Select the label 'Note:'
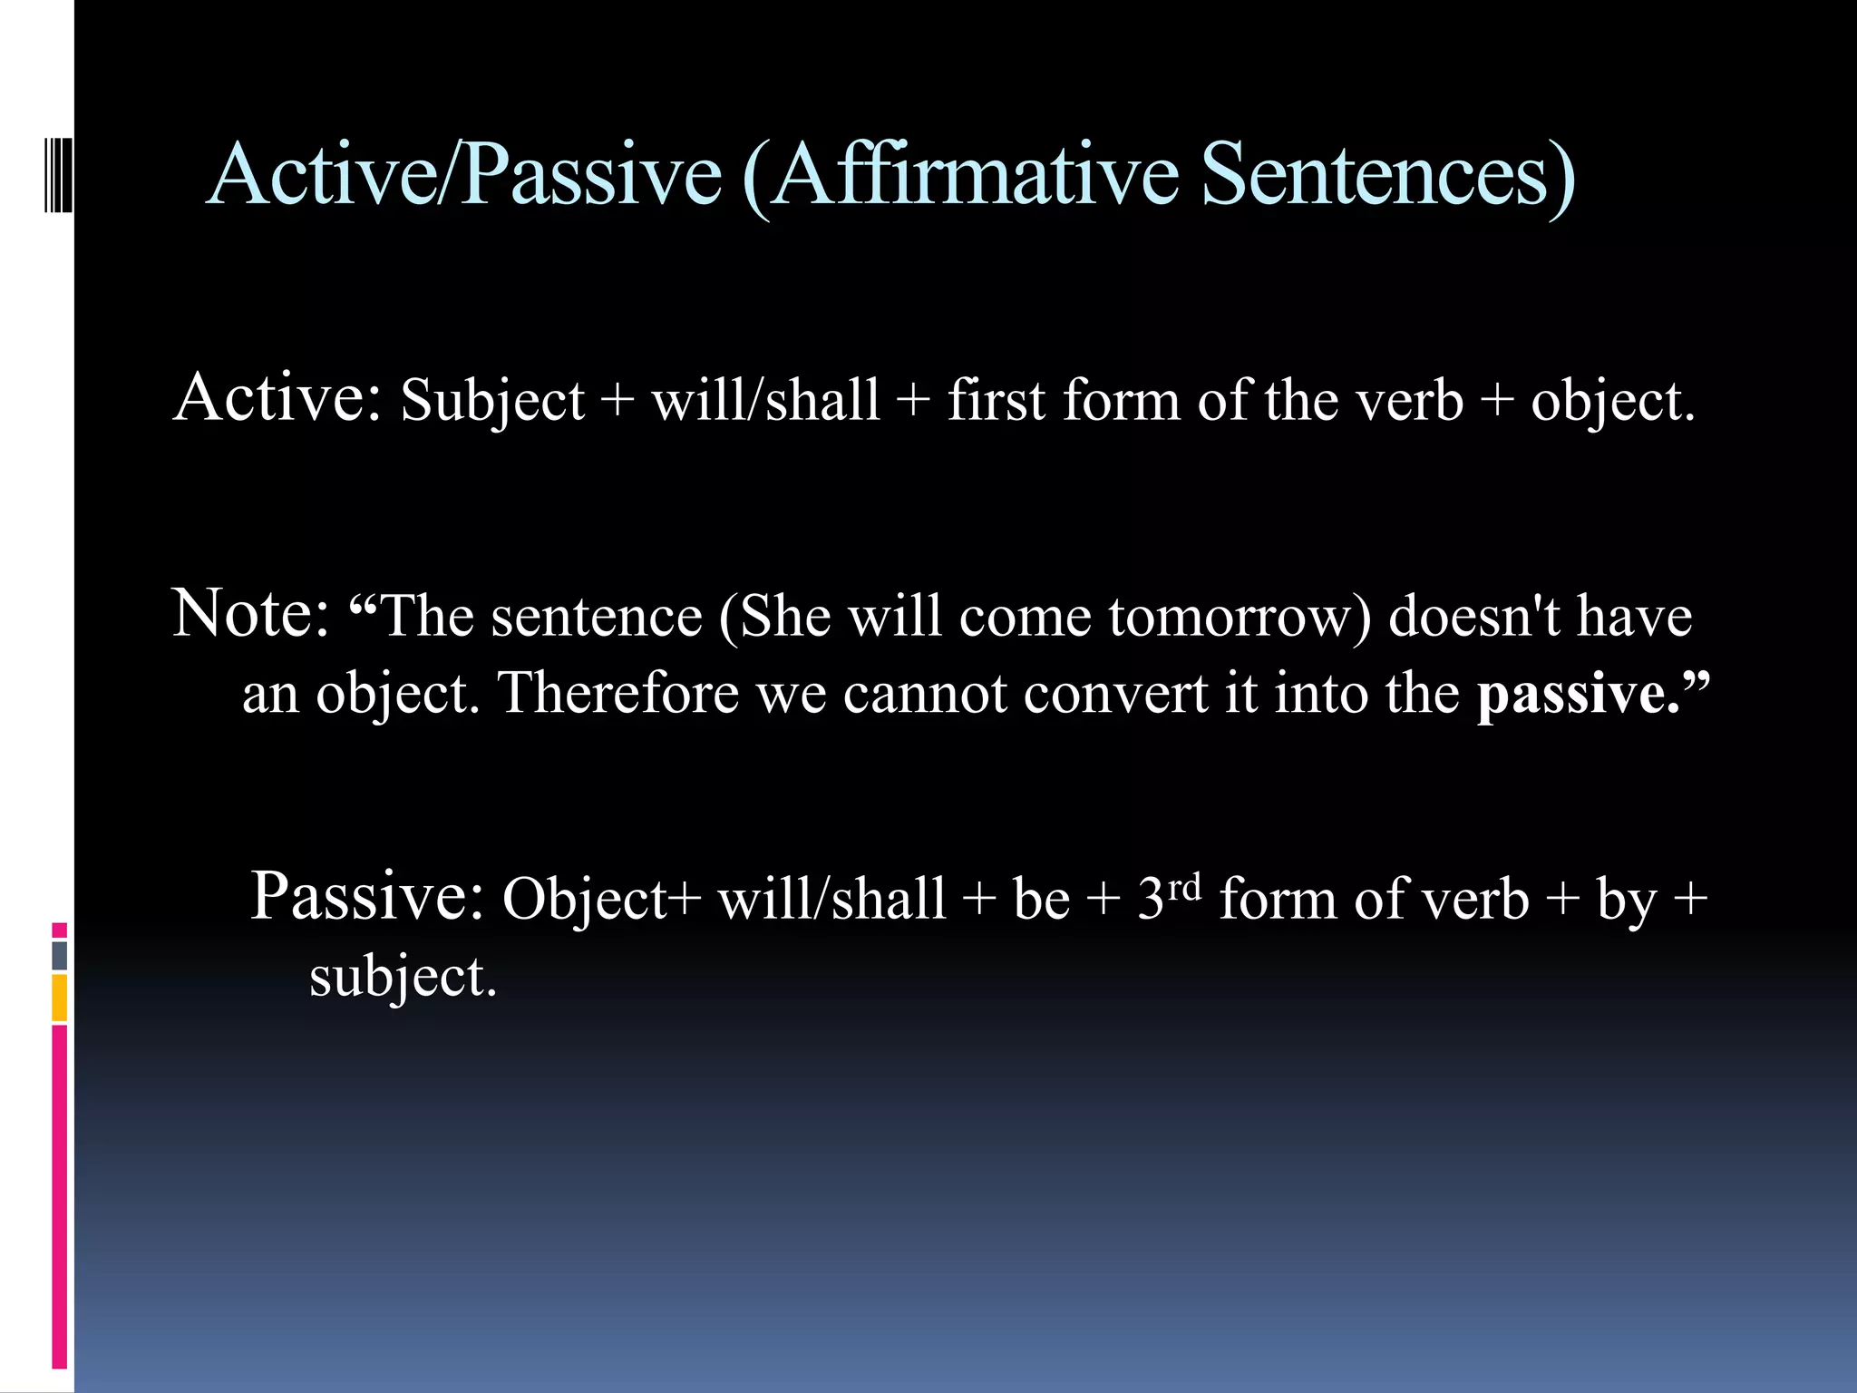click(250, 614)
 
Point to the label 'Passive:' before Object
click(367, 896)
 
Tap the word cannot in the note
click(925, 694)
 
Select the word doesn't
click(1474, 617)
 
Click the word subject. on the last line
click(403, 978)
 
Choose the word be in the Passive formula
click(1041, 900)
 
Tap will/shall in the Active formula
click(765, 400)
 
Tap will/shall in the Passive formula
click(831, 900)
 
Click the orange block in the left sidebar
click(60, 998)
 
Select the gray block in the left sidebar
click(60, 956)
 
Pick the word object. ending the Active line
click(1612, 402)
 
